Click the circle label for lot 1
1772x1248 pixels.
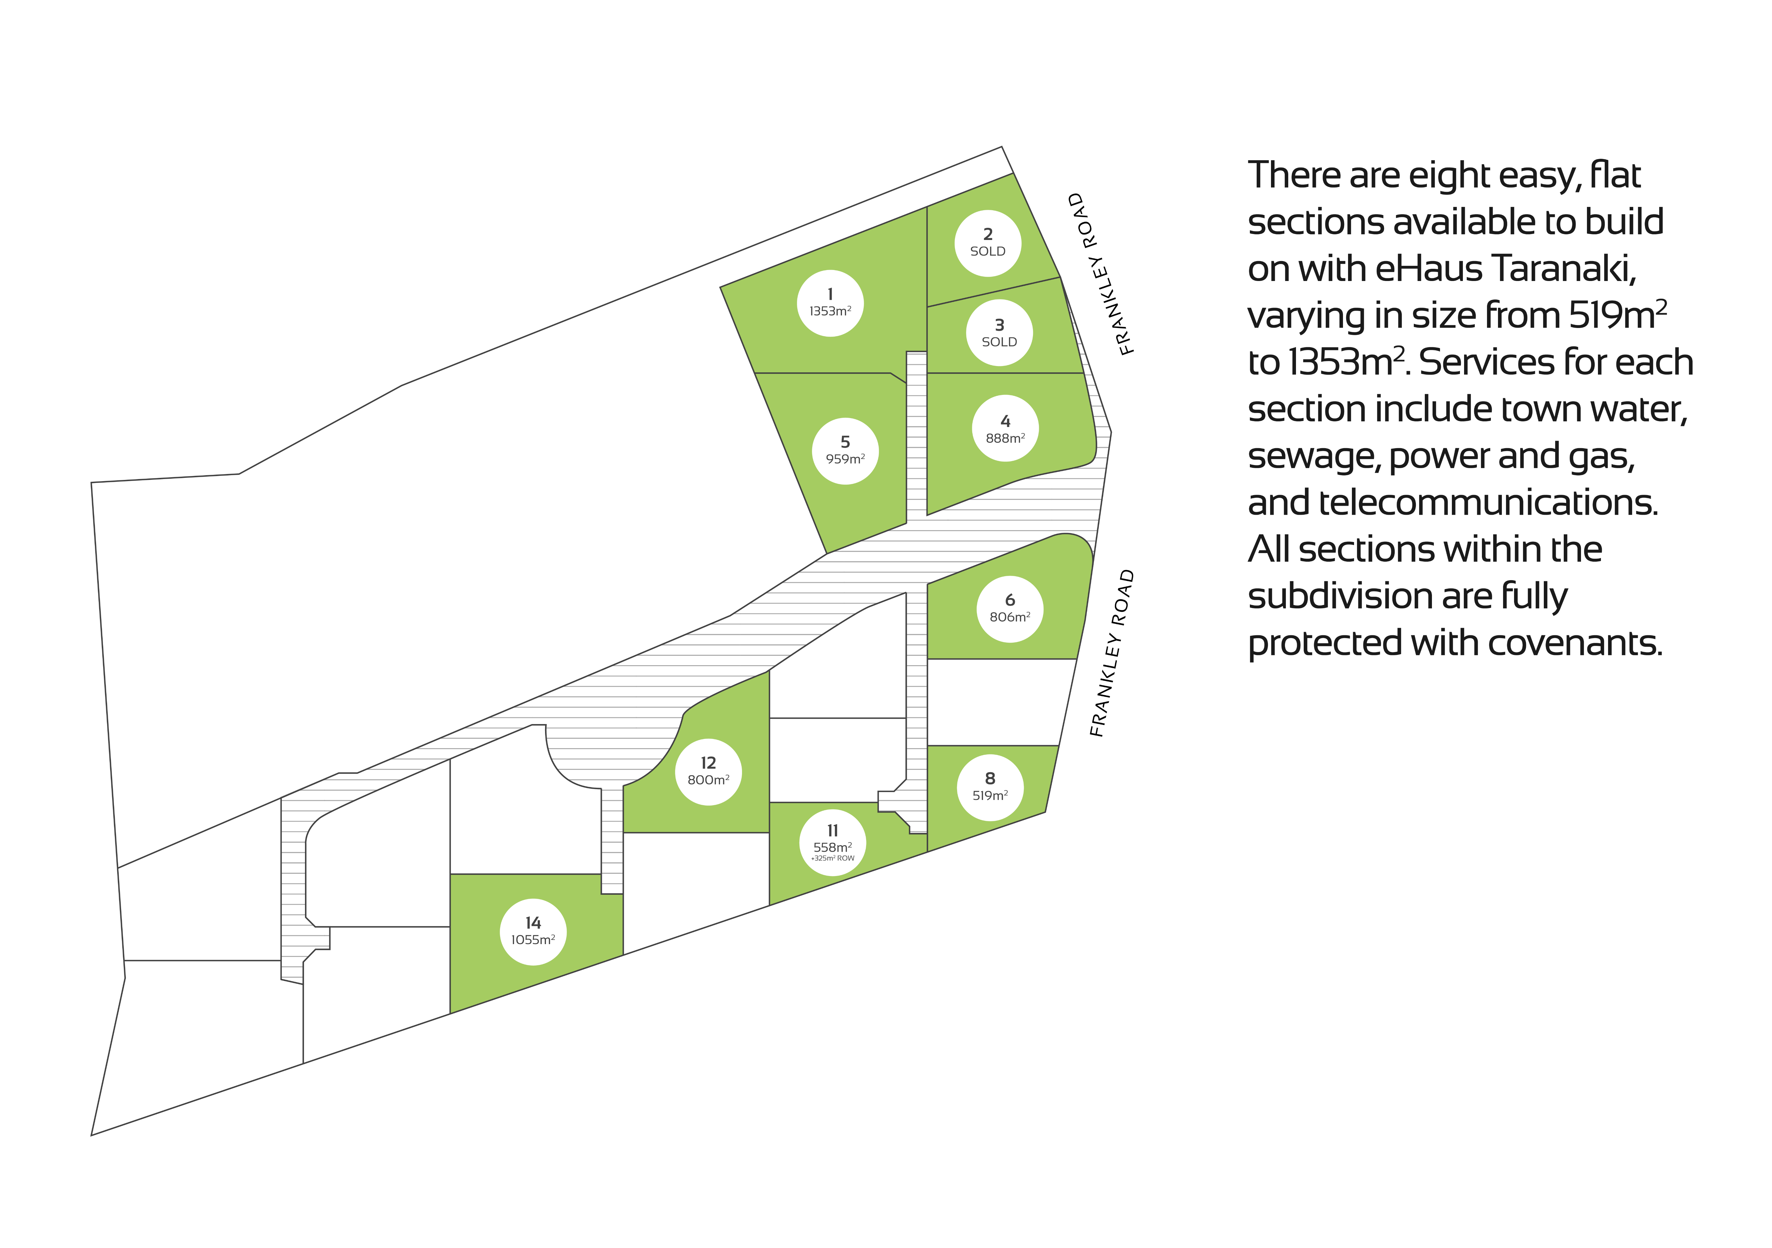(830, 303)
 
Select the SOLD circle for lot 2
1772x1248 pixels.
(988, 243)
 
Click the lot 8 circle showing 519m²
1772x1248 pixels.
(990, 787)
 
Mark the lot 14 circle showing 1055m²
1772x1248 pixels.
(533, 932)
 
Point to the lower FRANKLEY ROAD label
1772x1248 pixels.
(1112, 653)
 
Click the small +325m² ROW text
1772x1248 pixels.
(833, 858)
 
